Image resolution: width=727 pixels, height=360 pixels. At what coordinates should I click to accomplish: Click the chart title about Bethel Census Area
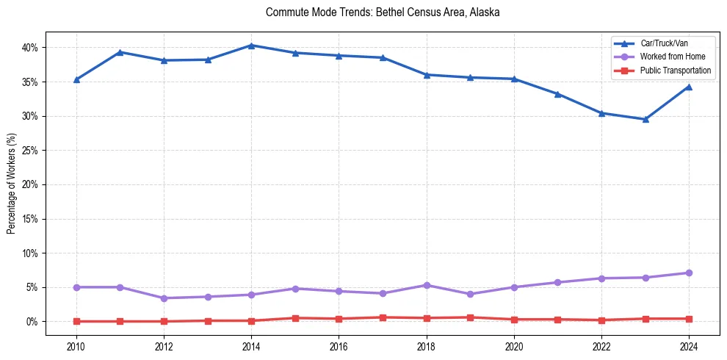click(383, 12)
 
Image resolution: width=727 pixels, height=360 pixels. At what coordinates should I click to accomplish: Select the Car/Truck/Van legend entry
click(664, 43)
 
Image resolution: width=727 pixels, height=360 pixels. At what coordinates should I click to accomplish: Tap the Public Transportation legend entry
click(675, 71)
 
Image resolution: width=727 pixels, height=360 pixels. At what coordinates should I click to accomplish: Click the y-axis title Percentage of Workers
click(12, 184)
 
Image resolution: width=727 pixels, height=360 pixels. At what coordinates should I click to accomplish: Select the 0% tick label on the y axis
click(32, 322)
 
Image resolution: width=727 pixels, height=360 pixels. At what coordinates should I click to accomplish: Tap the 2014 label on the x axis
click(251, 345)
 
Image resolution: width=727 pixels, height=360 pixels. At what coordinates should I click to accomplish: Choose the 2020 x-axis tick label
click(514, 345)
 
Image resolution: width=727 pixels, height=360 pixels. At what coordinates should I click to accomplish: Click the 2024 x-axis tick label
click(689, 345)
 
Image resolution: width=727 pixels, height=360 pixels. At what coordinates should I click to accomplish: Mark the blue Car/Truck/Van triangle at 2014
click(251, 46)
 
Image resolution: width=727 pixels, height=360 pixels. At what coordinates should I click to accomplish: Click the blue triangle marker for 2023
click(645, 119)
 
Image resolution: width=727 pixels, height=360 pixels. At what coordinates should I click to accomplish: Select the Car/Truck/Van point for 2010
click(76, 79)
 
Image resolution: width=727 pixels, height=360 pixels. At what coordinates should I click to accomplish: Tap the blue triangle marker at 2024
click(689, 87)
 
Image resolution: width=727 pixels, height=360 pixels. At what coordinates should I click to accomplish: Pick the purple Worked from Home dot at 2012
click(164, 298)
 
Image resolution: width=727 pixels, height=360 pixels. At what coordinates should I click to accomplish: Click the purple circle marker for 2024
click(689, 273)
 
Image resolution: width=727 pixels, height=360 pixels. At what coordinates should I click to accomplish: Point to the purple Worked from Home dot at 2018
click(427, 285)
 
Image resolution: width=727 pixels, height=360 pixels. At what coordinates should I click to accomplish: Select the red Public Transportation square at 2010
click(76, 321)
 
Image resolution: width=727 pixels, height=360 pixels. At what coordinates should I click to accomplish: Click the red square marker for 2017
click(383, 317)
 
